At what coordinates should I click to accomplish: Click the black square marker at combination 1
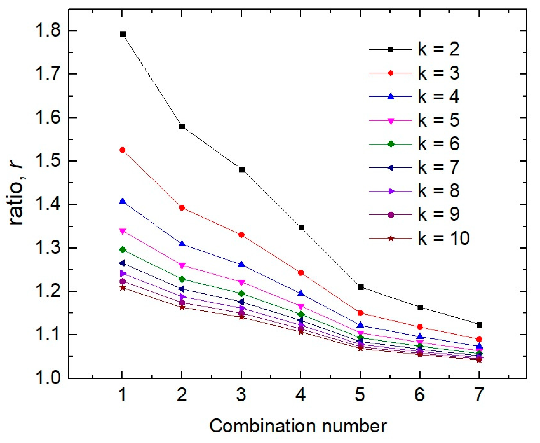coord(123,34)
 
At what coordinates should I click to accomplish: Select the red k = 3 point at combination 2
coord(182,208)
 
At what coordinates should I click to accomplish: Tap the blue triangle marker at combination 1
coord(123,201)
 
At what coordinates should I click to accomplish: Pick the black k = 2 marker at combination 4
coord(301,227)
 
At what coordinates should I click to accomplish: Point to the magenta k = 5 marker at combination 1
coord(123,231)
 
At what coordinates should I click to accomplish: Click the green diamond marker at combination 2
coord(182,279)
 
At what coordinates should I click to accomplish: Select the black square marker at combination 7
coord(479,325)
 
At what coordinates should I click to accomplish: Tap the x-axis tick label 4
coord(301,395)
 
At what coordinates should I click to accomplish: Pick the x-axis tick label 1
coord(123,395)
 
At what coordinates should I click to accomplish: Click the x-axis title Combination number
coord(298,426)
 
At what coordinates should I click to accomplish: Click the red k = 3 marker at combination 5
coord(360,313)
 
